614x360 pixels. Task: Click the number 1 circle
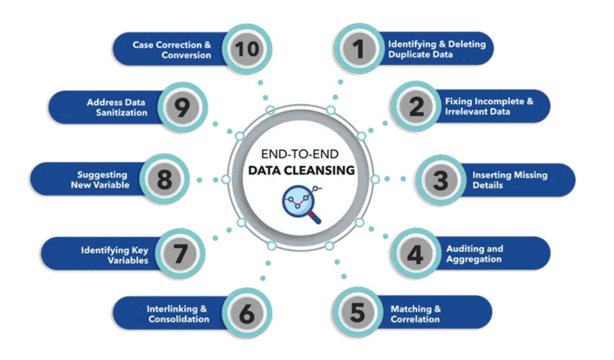[357, 48]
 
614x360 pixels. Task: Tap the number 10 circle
[248, 49]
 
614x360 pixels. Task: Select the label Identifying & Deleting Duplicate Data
[437, 49]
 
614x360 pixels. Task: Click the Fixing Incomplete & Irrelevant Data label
[489, 106]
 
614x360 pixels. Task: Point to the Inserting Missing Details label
[509, 180]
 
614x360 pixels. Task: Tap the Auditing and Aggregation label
[474, 254]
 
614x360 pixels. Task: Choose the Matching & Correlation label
[415, 314]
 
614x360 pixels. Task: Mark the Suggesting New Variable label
[100, 179]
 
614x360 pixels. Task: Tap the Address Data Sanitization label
[117, 107]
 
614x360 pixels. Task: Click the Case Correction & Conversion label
[172, 50]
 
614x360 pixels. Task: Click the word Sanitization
[121, 113]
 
